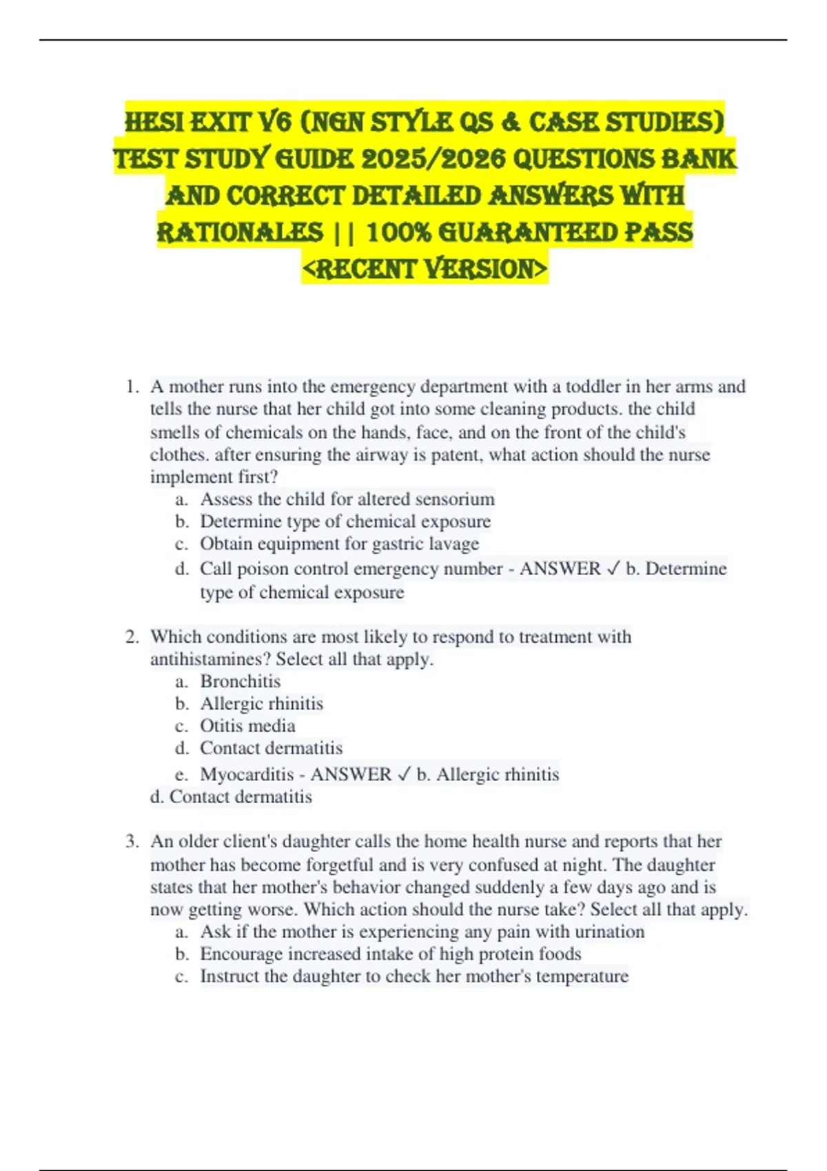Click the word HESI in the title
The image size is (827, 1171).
click(154, 123)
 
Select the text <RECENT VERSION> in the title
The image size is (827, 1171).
click(425, 269)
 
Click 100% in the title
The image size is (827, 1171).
click(398, 232)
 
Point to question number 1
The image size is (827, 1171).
click(132, 386)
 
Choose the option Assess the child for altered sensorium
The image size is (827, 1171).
click(347, 499)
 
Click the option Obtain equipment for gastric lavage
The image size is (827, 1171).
click(339, 543)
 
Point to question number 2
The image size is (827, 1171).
click(132, 636)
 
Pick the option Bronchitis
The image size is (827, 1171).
click(241, 681)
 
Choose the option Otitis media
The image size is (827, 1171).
click(247, 726)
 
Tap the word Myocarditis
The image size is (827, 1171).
click(247, 774)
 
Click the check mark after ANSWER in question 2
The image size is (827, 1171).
click(404, 774)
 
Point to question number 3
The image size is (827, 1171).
click(132, 841)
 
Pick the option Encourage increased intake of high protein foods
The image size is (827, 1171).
click(391, 954)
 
